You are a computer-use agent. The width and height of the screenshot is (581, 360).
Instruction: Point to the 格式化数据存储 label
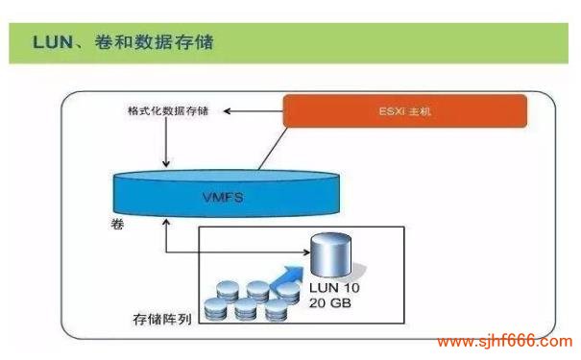[x=166, y=112]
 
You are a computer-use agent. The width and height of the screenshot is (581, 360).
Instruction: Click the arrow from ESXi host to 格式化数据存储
[x=250, y=112]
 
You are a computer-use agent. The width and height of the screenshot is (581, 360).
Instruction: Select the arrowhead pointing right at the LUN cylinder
[x=306, y=252]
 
